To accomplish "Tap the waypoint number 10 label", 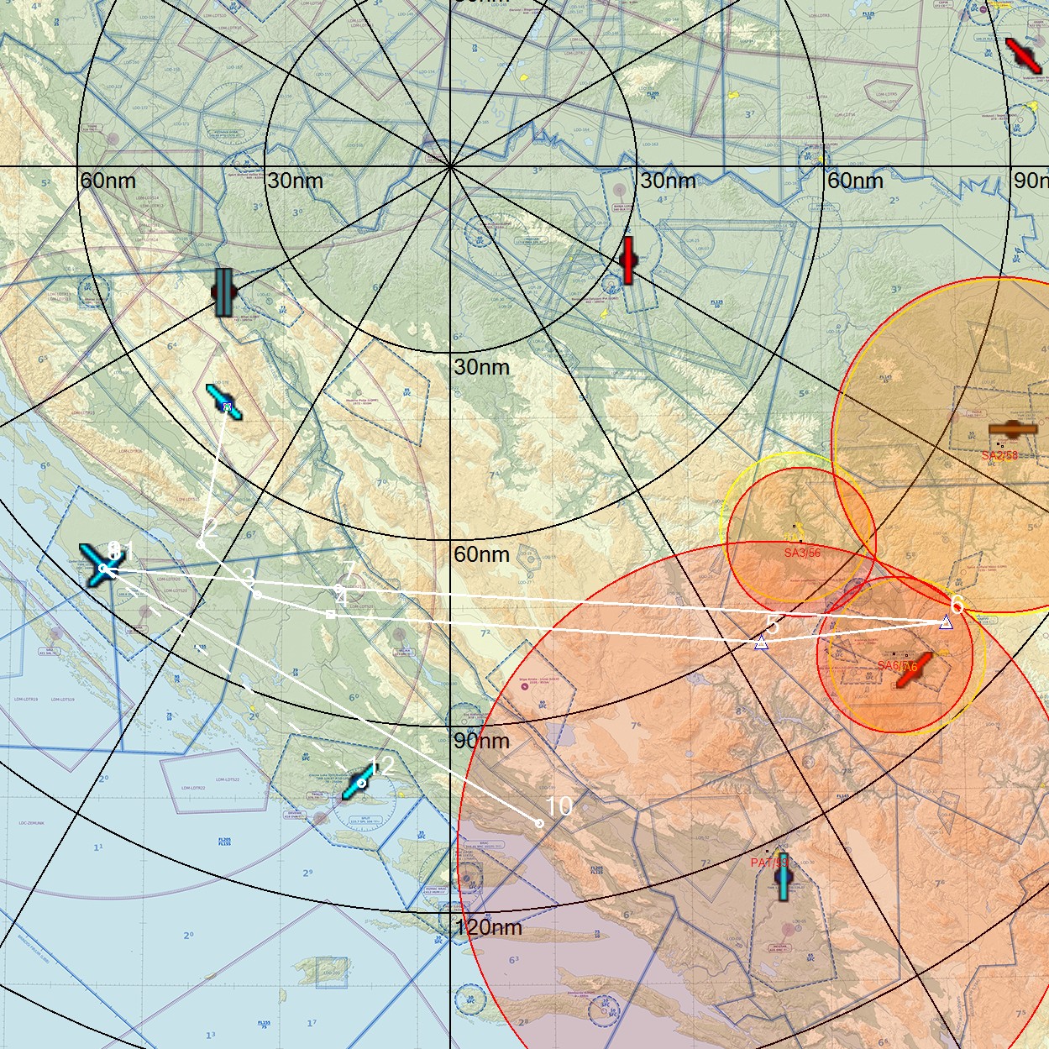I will coord(559,806).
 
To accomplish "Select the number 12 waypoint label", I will coord(381,765).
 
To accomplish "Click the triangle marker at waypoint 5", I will coord(761,643).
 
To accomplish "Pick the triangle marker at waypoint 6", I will coord(947,622).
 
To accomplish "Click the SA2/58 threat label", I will coord(999,455).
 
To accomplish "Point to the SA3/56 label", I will coord(802,553).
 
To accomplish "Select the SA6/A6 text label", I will coord(897,665).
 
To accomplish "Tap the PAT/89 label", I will coord(768,863).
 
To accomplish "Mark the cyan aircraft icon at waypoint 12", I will coord(359,783).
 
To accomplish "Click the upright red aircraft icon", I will coord(627,260).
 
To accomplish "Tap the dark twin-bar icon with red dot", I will coord(223,292).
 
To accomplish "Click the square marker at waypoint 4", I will coord(330,615).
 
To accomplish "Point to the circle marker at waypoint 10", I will coord(539,823).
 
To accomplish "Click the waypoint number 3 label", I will coord(248,577).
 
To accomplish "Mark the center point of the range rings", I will coord(451,167).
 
